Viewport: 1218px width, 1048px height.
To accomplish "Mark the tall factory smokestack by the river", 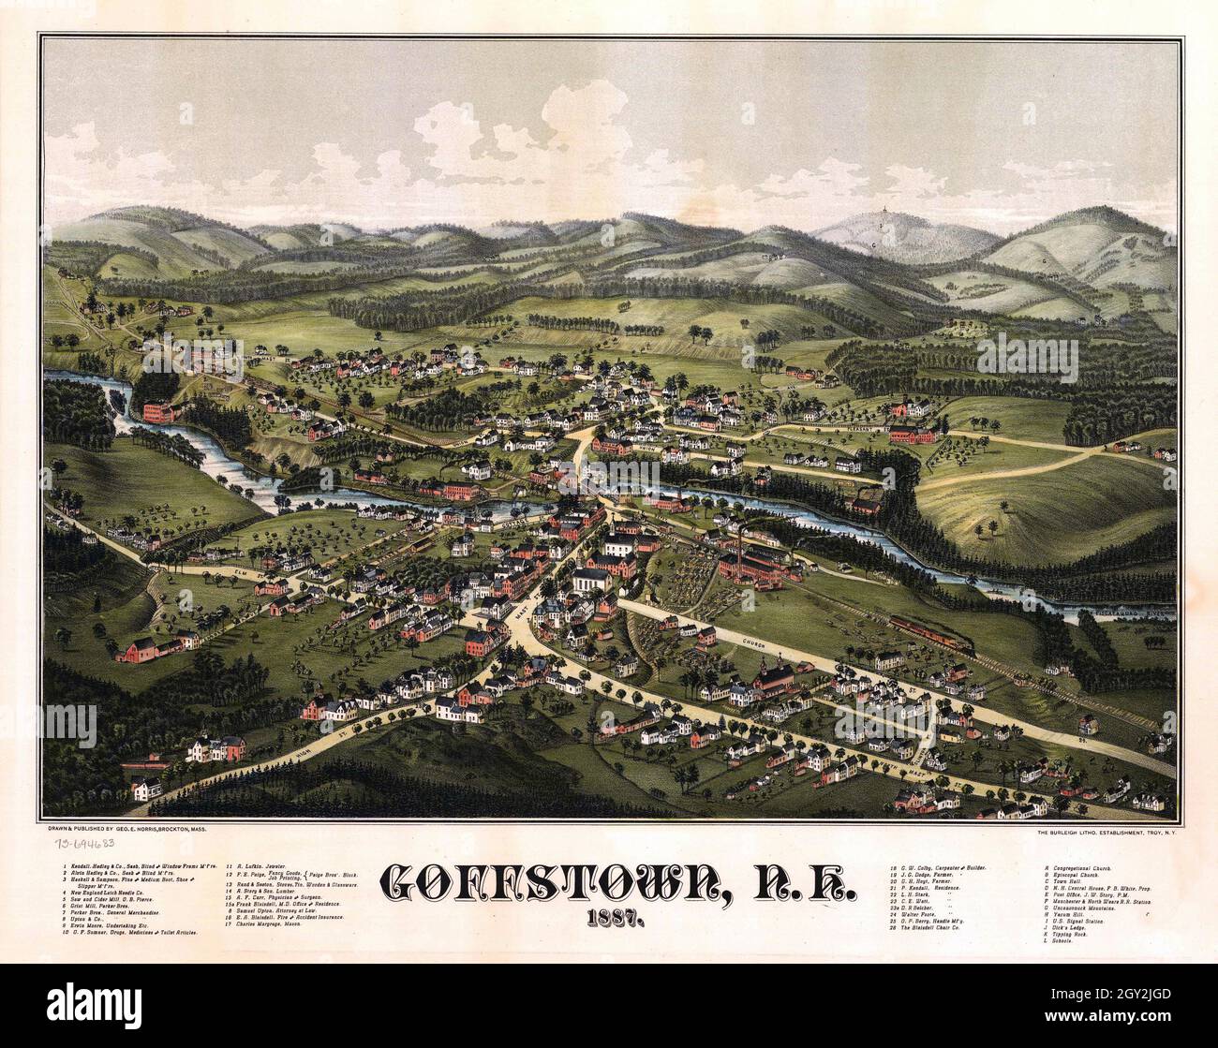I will (743, 543).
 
